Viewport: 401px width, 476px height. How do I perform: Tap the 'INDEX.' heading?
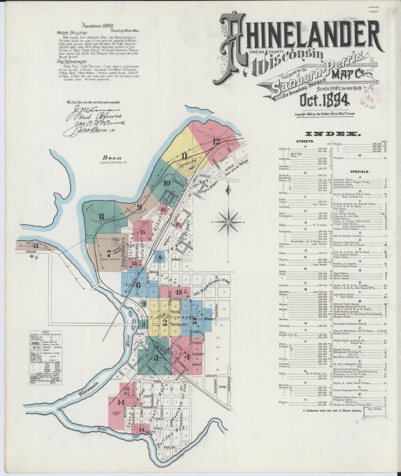pyautogui.click(x=333, y=134)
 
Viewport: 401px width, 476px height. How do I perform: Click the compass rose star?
pyautogui.click(x=228, y=222)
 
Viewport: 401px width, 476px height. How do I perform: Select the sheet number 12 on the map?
pyautogui.click(x=216, y=142)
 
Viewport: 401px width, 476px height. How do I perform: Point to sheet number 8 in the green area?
pyautogui.click(x=102, y=216)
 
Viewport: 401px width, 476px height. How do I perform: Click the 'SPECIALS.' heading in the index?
pyautogui.click(x=359, y=172)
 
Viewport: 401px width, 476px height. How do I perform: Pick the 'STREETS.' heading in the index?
pyautogui.click(x=305, y=141)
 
